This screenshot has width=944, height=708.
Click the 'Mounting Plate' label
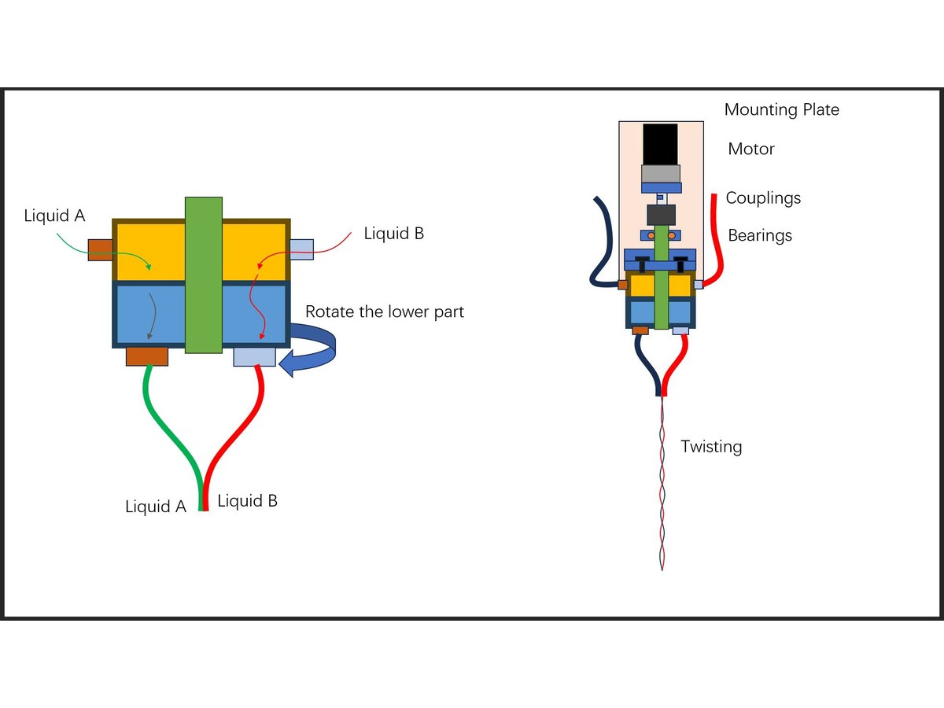pyautogui.click(x=781, y=110)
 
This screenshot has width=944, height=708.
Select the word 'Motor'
pyautogui.click(x=751, y=149)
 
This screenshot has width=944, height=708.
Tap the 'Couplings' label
pyautogui.click(x=763, y=198)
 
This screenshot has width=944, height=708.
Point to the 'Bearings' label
pyautogui.click(x=760, y=235)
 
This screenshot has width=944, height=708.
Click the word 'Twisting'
pyautogui.click(x=711, y=447)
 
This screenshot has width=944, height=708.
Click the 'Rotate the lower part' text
pyautogui.click(x=385, y=312)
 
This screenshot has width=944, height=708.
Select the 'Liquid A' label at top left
pyautogui.click(x=54, y=216)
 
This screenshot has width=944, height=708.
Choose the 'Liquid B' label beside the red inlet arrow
pyautogui.click(x=394, y=234)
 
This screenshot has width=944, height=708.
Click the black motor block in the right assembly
pyautogui.click(x=660, y=145)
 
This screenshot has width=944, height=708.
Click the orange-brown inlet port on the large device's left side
pyautogui.click(x=101, y=250)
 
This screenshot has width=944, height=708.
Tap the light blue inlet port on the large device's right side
pyautogui.click(x=301, y=249)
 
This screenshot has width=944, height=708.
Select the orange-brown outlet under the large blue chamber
pyautogui.click(x=147, y=356)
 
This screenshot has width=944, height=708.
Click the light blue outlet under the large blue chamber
pyautogui.click(x=255, y=357)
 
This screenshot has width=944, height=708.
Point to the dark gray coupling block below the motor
pyautogui.click(x=661, y=215)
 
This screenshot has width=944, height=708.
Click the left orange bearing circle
pyautogui.click(x=651, y=235)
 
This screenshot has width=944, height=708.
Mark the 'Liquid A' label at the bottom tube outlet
pyautogui.click(x=156, y=507)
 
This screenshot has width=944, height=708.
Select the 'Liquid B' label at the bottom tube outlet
pyautogui.click(x=247, y=501)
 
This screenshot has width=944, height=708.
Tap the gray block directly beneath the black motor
pyautogui.click(x=661, y=174)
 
